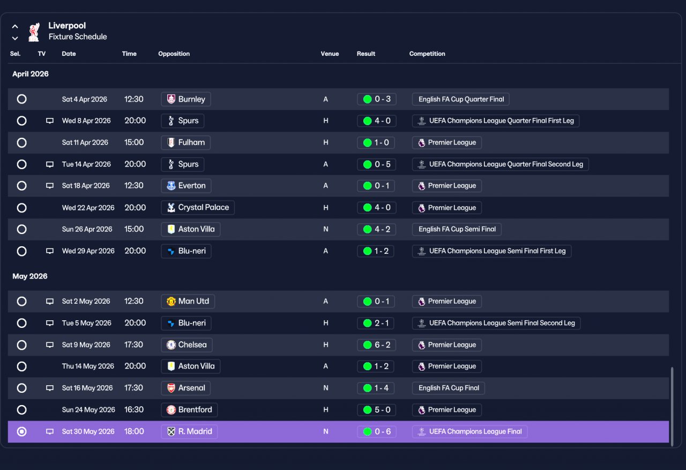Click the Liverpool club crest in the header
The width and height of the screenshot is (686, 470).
point(34,32)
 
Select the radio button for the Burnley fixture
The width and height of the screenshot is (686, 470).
point(22,99)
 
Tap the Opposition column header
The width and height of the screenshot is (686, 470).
point(174,54)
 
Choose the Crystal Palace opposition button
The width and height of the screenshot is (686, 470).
point(198,208)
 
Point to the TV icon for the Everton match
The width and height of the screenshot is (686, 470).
point(50,186)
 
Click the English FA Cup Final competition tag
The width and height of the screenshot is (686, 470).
point(449,388)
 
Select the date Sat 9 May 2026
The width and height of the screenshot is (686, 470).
point(86,344)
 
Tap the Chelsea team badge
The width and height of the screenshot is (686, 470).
point(171,344)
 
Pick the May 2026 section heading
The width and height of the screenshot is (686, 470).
point(30,276)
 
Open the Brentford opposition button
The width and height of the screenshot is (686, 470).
point(189,409)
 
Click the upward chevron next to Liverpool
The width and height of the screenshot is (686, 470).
point(15,26)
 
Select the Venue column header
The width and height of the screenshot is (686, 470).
point(330,54)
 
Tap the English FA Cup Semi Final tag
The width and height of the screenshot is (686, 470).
point(457,229)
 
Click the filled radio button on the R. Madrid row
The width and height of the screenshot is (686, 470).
point(22,431)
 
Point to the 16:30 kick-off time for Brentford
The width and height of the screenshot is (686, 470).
point(134,409)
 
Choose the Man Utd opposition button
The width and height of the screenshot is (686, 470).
point(188,302)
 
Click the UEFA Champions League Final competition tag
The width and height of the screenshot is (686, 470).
point(470,431)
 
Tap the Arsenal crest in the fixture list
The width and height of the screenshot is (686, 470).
point(171,388)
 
